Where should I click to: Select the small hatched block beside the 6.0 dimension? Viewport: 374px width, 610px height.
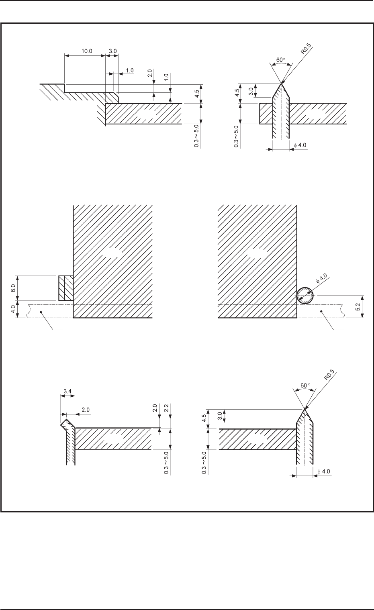point(65,288)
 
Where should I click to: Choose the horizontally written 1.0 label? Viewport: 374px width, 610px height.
point(130,70)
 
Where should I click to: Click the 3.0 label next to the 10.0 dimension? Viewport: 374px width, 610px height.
point(112,51)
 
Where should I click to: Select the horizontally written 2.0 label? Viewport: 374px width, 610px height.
point(86,410)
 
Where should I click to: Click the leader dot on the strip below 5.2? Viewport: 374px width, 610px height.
point(322,311)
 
